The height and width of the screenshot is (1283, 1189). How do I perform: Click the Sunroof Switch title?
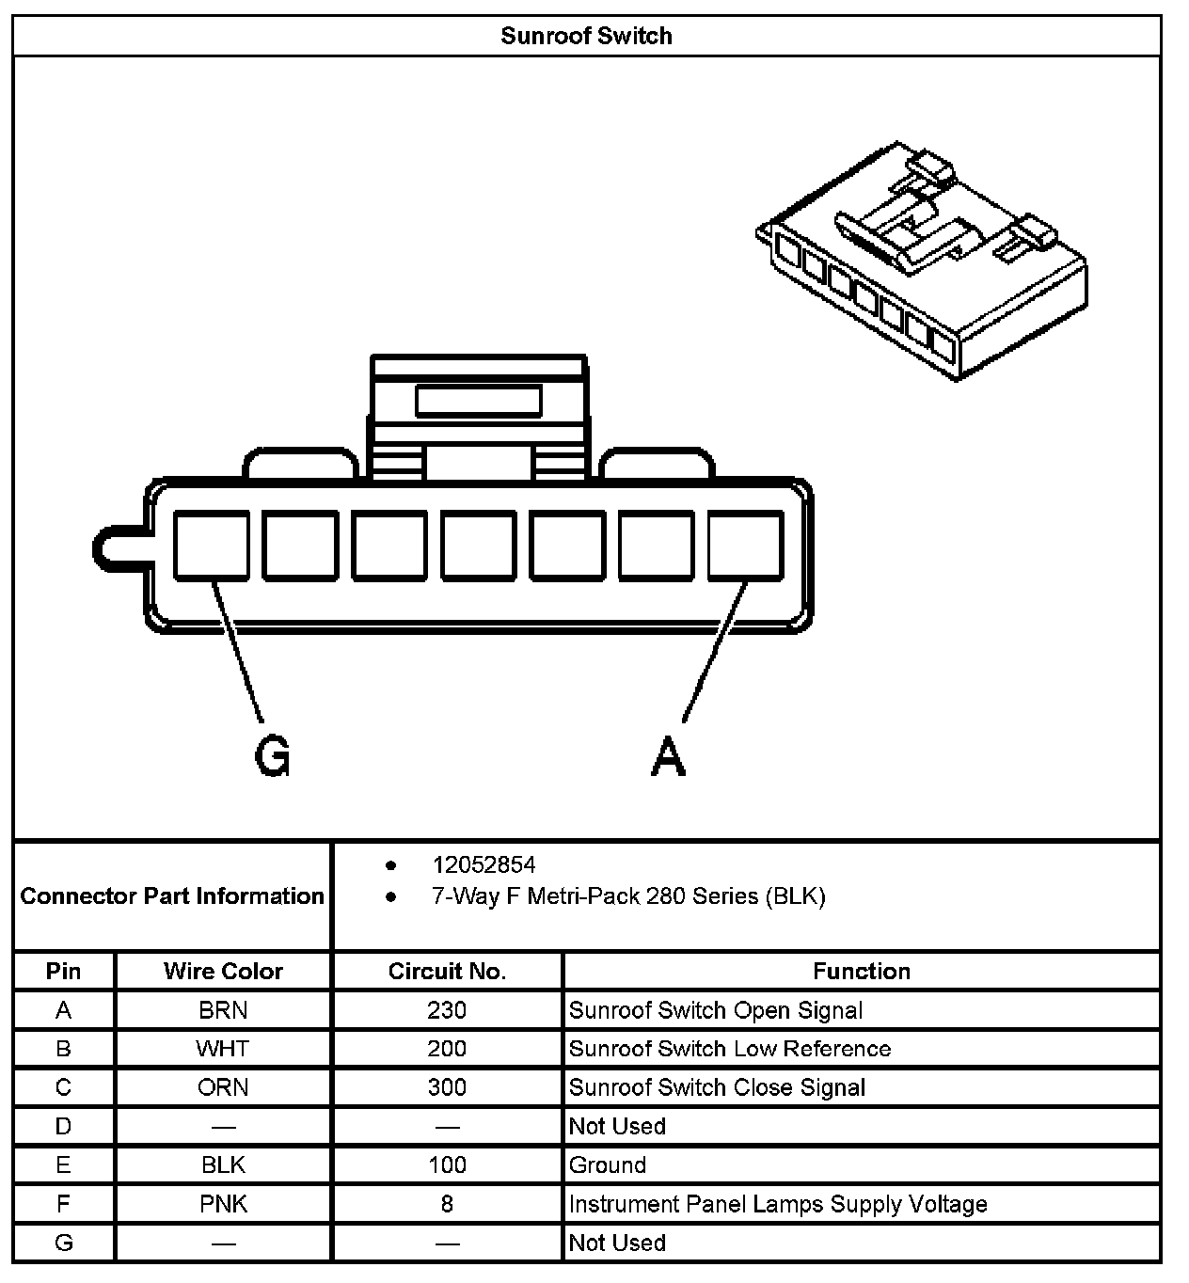(x=586, y=37)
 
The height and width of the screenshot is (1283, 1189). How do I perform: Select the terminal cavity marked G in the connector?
(x=212, y=545)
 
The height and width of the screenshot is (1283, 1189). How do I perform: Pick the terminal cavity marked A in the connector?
(x=745, y=545)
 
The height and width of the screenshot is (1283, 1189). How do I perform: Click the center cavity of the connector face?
(x=479, y=545)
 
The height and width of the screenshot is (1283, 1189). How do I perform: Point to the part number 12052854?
(x=484, y=864)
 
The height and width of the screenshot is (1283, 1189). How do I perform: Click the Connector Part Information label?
(x=172, y=895)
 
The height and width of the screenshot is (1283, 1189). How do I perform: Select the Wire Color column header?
(x=223, y=971)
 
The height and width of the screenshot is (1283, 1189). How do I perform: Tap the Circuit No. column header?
(x=447, y=971)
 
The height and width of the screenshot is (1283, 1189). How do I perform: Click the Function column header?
(x=861, y=971)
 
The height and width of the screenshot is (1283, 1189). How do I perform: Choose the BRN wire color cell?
(x=223, y=1010)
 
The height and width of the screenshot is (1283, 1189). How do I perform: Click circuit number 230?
(x=447, y=1010)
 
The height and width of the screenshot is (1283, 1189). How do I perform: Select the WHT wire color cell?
(x=223, y=1049)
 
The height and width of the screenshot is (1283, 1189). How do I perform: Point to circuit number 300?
(x=447, y=1087)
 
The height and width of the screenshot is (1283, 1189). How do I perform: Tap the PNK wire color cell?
(x=223, y=1204)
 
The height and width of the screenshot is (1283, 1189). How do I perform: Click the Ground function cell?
(x=608, y=1165)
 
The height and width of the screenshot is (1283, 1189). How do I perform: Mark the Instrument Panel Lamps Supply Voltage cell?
(x=778, y=1204)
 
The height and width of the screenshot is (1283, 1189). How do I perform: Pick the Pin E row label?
(x=63, y=1165)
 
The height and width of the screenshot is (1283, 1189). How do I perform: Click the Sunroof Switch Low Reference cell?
(x=730, y=1049)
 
